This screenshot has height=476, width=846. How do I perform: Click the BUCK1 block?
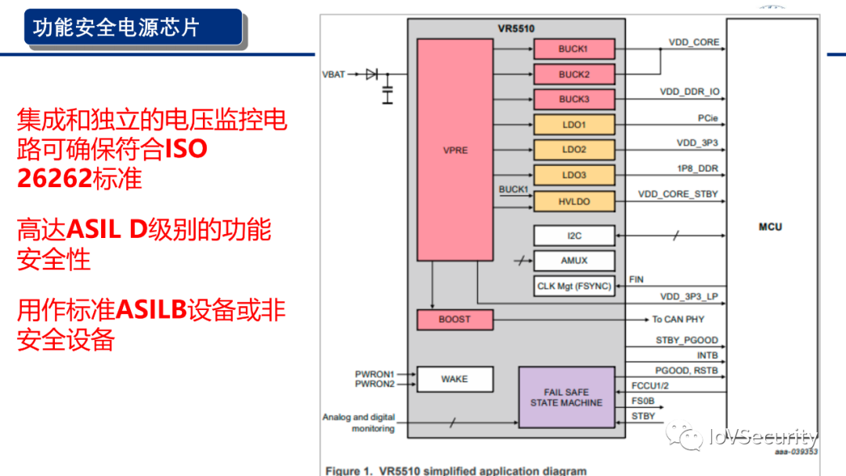pos(573,49)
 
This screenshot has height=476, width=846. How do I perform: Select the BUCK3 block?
pos(573,99)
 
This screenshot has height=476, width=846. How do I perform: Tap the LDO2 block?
pos(573,150)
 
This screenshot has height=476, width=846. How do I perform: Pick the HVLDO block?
pos(573,201)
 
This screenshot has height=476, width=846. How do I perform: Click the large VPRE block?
pos(454,150)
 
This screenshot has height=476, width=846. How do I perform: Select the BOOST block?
pos(454,319)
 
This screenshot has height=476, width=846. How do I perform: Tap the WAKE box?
pos(454,379)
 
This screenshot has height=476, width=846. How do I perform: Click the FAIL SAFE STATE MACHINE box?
pos(566,397)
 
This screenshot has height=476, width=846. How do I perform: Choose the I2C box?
pos(573,235)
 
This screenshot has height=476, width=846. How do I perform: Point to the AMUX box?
pos(573,261)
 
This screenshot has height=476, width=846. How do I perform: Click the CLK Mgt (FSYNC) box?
pos(573,287)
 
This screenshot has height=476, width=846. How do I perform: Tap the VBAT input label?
pos(333,74)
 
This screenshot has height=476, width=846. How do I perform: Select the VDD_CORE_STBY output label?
pos(678,194)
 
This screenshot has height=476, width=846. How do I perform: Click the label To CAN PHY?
pos(678,319)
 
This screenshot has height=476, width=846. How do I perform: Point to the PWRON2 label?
pos(374,384)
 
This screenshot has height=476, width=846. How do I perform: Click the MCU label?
pos(770,227)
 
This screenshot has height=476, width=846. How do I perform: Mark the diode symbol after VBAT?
pos(371,74)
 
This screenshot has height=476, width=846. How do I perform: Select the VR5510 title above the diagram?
pos(516,29)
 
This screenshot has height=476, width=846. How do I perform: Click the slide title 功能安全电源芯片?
pos(116,27)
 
